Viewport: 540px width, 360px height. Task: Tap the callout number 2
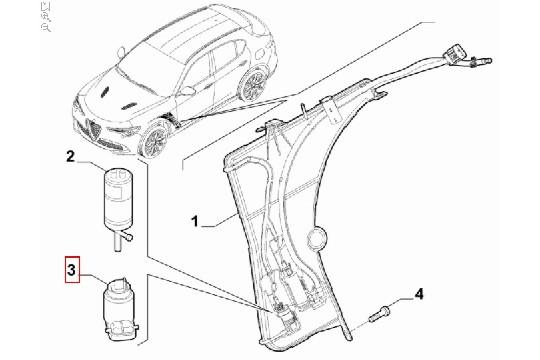[70, 156]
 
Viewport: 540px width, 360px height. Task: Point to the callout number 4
[420, 294]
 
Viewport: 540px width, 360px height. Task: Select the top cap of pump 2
[118, 176]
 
